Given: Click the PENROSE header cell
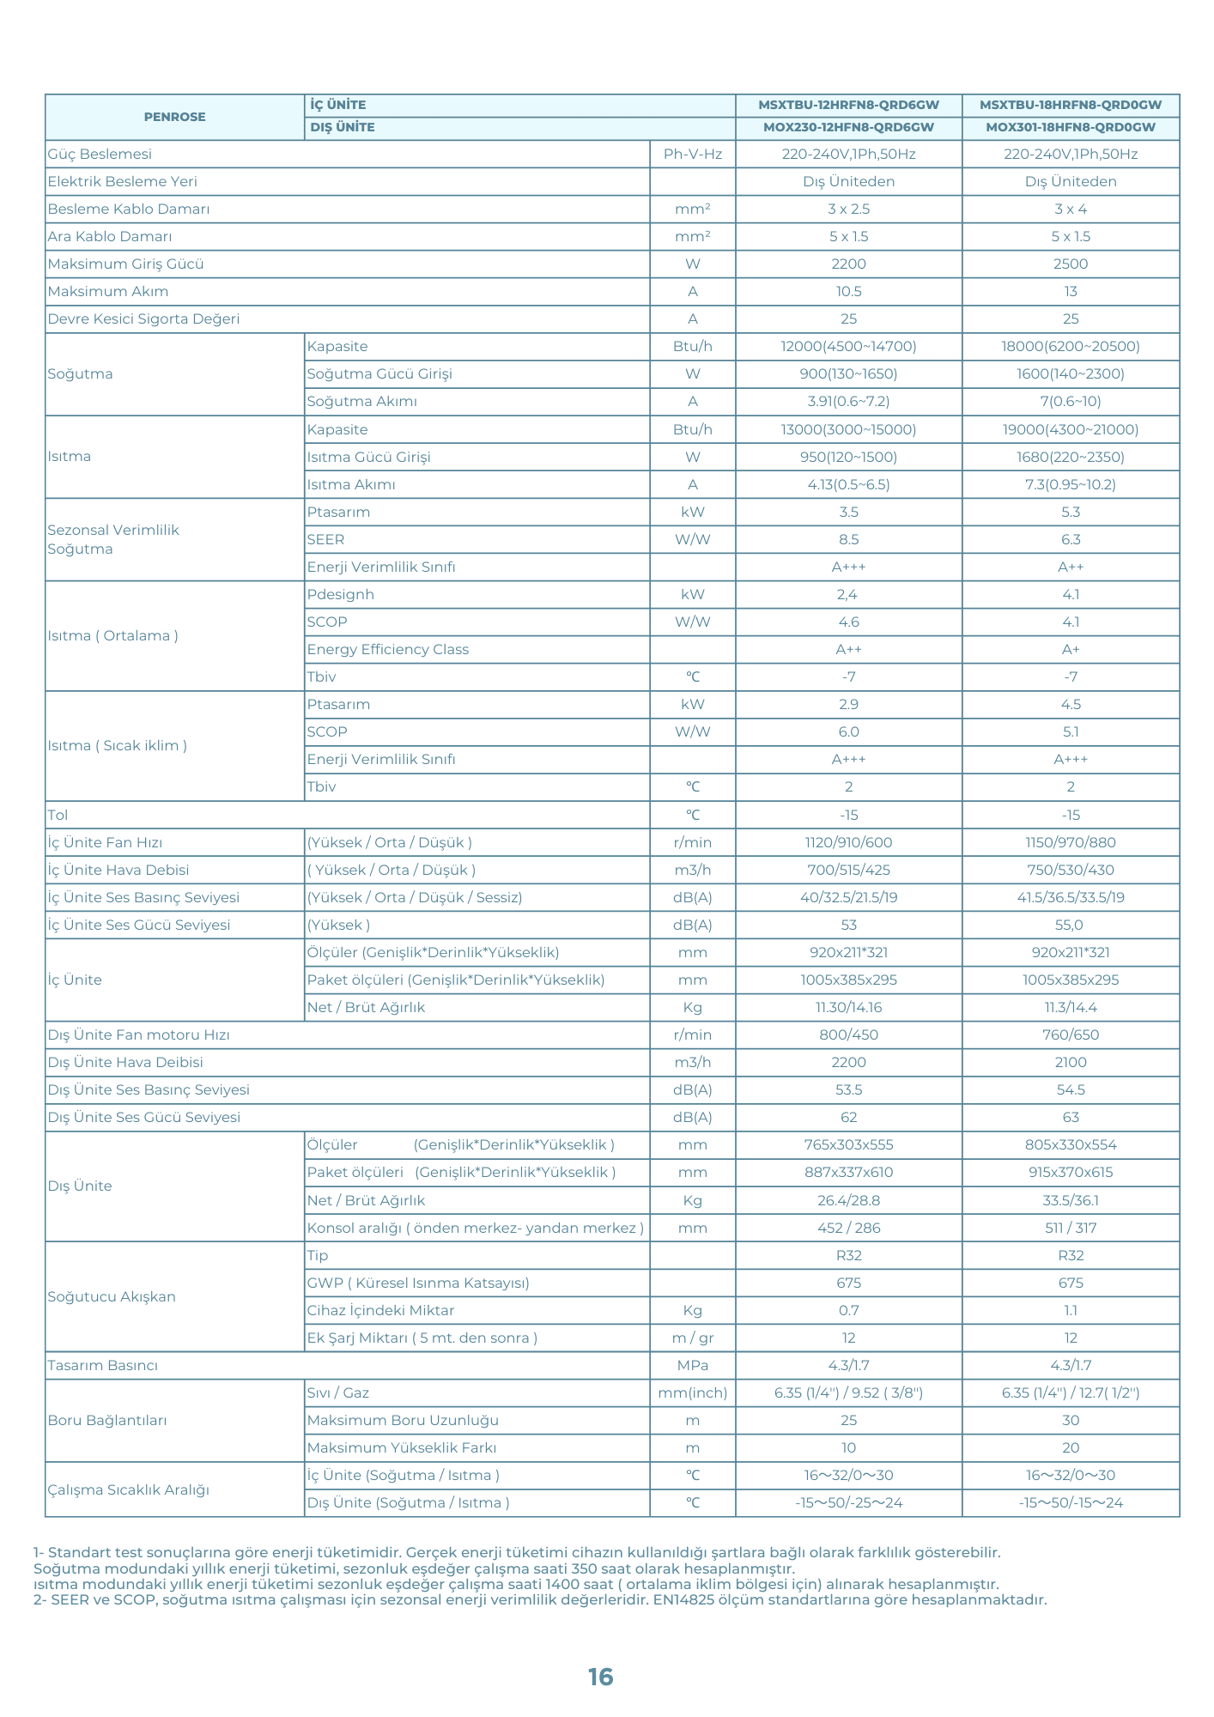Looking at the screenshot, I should [x=174, y=117].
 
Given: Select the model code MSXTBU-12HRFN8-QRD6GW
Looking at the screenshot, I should [x=848, y=105].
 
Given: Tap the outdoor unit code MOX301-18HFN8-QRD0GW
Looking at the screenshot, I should [x=1070, y=127].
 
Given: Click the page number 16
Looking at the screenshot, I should [x=600, y=1677].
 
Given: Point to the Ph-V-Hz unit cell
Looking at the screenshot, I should [x=692, y=155].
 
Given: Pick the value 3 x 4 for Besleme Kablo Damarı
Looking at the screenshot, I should [x=1070, y=209].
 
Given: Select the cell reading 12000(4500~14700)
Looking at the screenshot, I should [x=848, y=347].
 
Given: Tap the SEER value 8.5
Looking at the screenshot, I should [x=848, y=540].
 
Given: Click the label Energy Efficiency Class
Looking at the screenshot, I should [x=387, y=650].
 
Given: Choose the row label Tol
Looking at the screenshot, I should [x=58, y=815].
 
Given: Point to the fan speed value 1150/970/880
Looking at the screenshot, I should [x=1070, y=843].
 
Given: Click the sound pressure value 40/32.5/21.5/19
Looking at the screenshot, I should [x=848, y=898].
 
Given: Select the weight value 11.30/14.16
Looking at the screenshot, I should [x=848, y=1008].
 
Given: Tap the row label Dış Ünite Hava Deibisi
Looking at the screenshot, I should [x=125, y=1063].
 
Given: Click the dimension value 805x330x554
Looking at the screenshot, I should [x=1070, y=1145].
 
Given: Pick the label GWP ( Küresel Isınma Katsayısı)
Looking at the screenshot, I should [x=418, y=1283].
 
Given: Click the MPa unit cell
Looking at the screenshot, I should [x=692, y=1366].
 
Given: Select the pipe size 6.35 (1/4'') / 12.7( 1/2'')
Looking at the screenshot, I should [x=1070, y=1393].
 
